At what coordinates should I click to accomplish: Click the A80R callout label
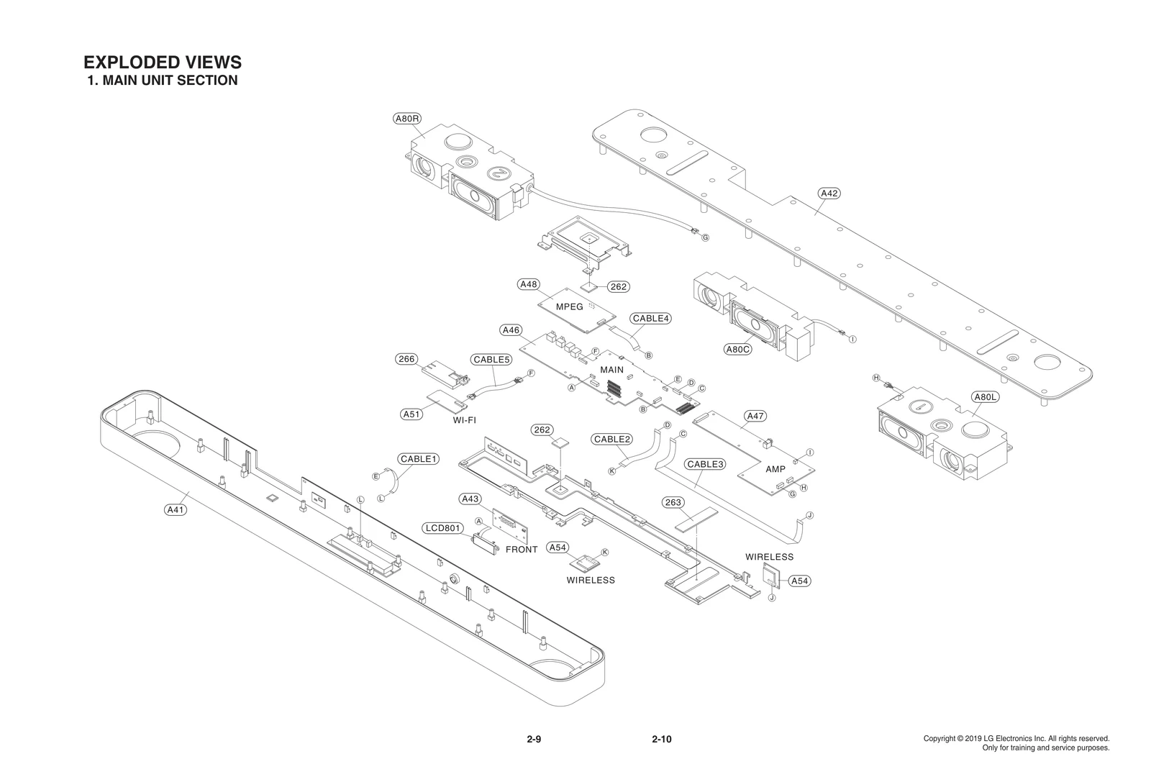(406, 119)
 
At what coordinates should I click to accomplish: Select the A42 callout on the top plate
(829, 194)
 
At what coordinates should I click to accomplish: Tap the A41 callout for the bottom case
(176, 510)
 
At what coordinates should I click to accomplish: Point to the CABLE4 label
(651, 318)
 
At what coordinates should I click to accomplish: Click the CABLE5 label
(491, 359)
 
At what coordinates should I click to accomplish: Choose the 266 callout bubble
(407, 359)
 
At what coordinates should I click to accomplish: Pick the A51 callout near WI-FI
(411, 414)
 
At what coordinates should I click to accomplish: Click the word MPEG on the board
(570, 306)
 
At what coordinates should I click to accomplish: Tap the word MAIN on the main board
(611, 369)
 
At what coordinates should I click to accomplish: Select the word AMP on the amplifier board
(775, 469)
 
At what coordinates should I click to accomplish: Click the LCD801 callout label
(442, 528)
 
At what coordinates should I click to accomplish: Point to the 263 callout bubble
(673, 502)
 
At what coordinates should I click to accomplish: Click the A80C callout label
(738, 350)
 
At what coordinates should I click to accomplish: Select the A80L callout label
(983, 397)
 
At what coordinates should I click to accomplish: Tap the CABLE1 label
(419, 459)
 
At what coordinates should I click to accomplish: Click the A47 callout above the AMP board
(755, 416)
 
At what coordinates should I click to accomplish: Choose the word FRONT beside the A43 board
(522, 550)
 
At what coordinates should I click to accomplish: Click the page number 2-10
(661, 739)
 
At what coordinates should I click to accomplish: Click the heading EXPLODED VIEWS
(163, 62)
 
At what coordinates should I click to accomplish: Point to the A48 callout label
(529, 284)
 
